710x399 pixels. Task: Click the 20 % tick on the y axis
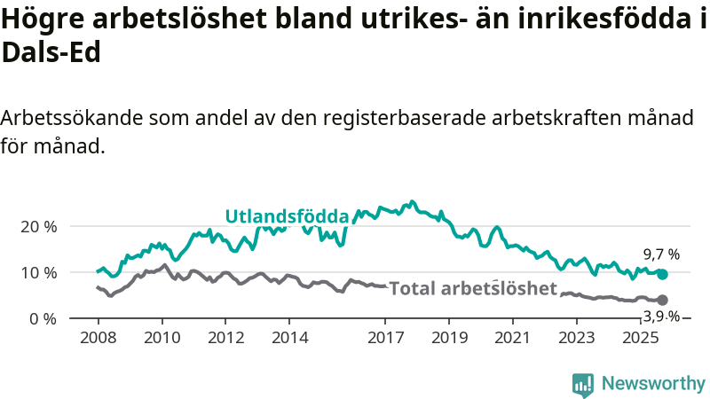(38, 226)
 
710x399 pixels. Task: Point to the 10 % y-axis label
(38, 272)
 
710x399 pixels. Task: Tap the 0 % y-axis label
(43, 318)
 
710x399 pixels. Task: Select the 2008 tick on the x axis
(98, 338)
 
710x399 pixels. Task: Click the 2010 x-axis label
(162, 338)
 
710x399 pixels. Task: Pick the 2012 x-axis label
(225, 338)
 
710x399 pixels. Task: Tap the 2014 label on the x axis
(289, 338)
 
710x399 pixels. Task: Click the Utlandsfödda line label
(287, 215)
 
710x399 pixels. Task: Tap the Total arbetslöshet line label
(473, 287)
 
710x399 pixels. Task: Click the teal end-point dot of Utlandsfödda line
(662, 274)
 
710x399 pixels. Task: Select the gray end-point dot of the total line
(662, 301)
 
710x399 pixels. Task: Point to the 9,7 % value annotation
(661, 254)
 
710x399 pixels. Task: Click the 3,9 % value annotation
(661, 317)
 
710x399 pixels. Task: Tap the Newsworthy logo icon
(583, 384)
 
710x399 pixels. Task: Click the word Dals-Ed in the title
(51, 52)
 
